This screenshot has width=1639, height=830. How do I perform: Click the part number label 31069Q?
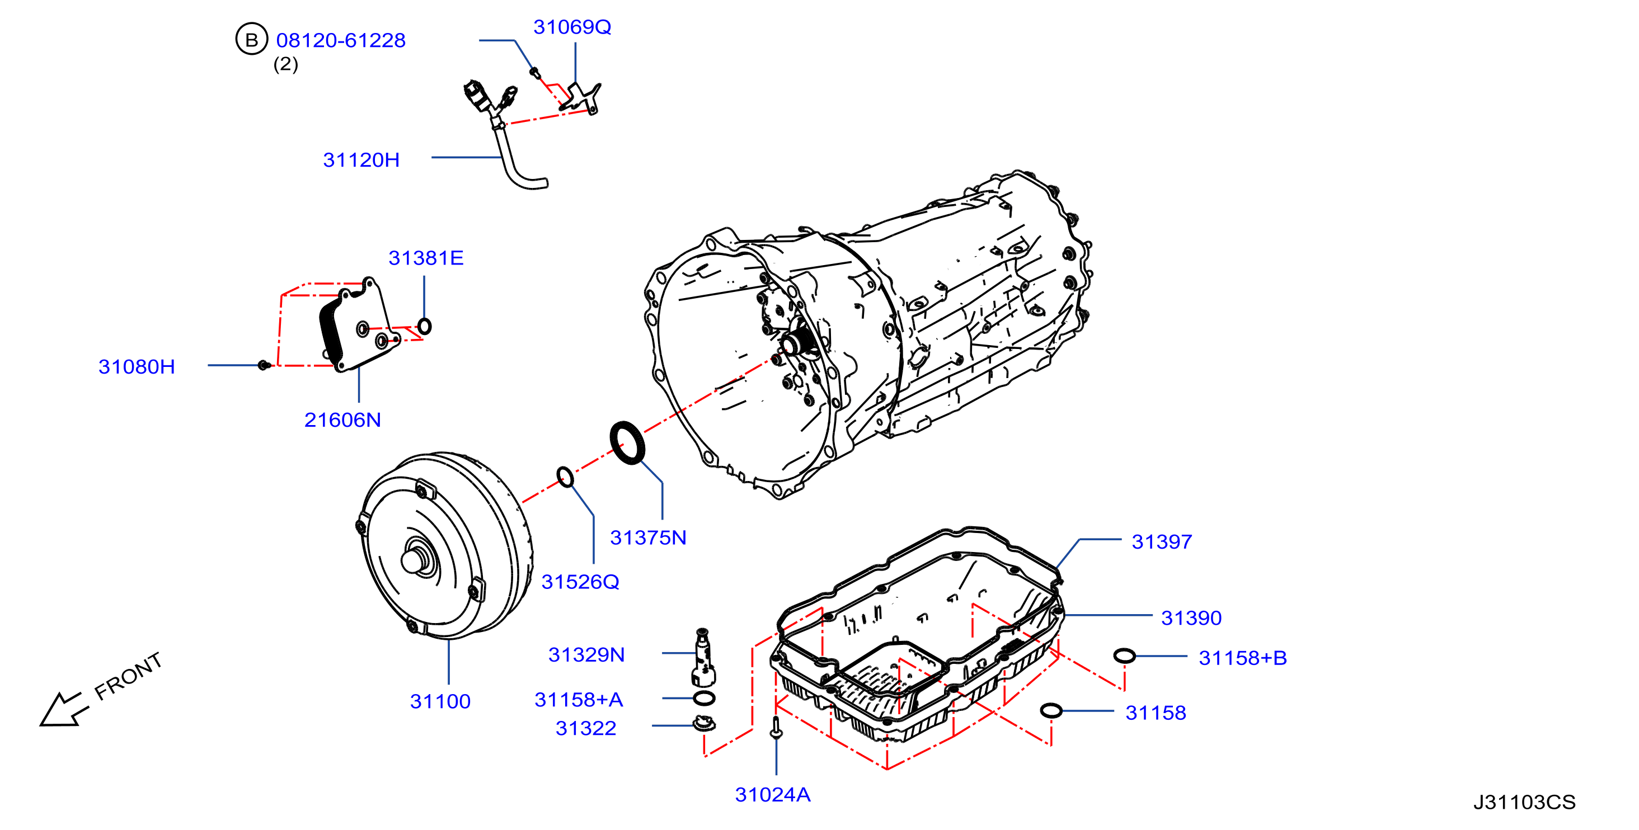pyautogui.click(x=572, y=27)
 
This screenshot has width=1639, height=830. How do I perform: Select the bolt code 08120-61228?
pyautogui.click(x=340, y=41)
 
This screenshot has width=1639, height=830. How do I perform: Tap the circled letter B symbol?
pyautogui.click(x=251, y=40)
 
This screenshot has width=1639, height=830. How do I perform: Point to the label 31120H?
pyautogui.click(x=361, y=159)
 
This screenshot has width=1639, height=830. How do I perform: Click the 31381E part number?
pyautogui.click(x=426, y=258)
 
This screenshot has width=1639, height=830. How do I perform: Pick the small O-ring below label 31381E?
pyautogui.click(x=424, y=326)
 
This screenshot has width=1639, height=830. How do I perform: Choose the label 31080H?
pyautogui.click(x=136, y=367)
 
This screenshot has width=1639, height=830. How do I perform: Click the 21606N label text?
pyautogui.click(x=342, y=421)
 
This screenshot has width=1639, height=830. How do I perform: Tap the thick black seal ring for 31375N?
pyautogui.click(x=627, y=442)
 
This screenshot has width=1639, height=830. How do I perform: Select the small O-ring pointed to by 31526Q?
pyautogui.click(x=565, y=477)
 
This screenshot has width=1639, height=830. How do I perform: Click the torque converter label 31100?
pyautogui.click(x=440, y=701)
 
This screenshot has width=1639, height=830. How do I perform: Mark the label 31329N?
pyautogui.click(x=586, y=655)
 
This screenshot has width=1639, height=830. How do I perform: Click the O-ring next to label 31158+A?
pyautogui.click(x=704, y=699)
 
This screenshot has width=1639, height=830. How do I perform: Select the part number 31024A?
pyautogui.click(x=772, y=795)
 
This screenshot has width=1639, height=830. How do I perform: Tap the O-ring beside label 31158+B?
pyautogui.click(x=1124, y=655)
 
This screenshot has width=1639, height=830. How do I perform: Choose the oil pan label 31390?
pyautogui.click(x=1191, y=618)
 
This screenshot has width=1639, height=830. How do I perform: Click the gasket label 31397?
pyautogui.click(x=1161, y=542)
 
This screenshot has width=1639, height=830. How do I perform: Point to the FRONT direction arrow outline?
pyautogui.click(x=60, y=709)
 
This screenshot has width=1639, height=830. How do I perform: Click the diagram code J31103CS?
pyautogui.click(x=1524, y=803)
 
